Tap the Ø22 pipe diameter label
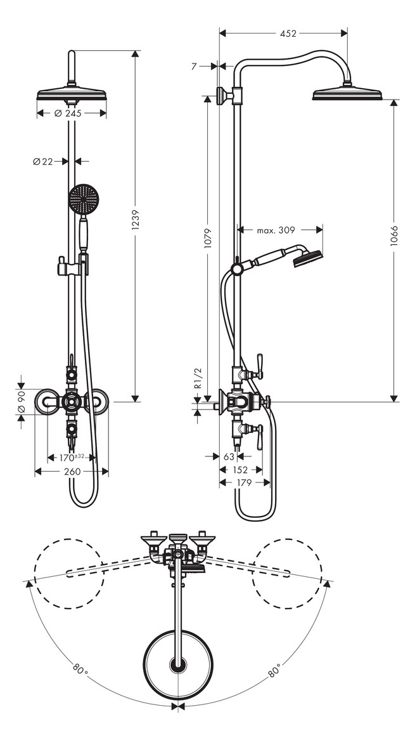43,161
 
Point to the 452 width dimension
288,34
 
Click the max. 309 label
276,230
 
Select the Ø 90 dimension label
21,402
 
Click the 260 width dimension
72,472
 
